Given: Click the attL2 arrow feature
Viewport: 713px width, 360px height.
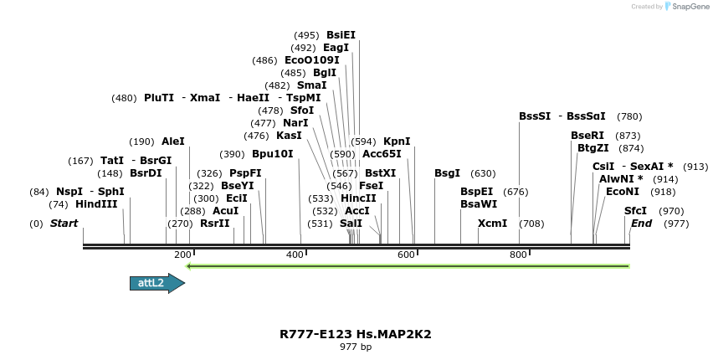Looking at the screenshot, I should pyautogui.click(x=156, y=283).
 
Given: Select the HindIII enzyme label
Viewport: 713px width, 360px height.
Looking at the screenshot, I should pyautogui.click(x=96, y=203).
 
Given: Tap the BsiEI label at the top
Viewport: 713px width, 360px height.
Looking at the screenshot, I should pyautogui.click(x=341, y=35).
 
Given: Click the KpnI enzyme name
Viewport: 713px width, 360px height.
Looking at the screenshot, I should pyautogui.click(x=397, y=141).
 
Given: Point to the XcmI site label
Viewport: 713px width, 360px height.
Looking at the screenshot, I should pyautogui.click(x=492, y=224).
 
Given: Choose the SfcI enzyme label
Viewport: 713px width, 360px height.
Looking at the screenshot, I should pyautogui.click(x=636, y=211).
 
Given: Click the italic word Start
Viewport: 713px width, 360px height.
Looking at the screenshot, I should pyautogui.click(x=64, y=224).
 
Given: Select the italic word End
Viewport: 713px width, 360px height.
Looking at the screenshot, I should pyautogui.click(x=641, y=224).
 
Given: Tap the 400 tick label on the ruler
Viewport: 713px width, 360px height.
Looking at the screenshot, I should pyautogui.click(x=295, y=255).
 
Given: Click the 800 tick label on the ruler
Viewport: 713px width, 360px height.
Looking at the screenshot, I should pyautogui.click(x=517, y=255).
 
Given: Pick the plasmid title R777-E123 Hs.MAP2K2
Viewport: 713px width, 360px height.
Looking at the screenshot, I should pyautogui.click(x=356, y=334).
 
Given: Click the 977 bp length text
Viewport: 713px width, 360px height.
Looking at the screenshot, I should pyautogui.click(x=356, y=347).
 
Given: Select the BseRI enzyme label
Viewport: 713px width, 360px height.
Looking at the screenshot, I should pyautogui.click(x=587, y=135).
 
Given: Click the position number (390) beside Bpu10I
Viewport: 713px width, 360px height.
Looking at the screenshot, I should pyautogui.click(x=232, y=154).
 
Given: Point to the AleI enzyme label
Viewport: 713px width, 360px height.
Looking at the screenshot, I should pyautogui.click(x=173, y=141).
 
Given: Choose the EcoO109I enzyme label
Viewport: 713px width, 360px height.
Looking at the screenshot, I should pyautogui.click(x=312, y=60).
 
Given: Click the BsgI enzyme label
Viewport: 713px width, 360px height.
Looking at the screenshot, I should pyautogui.click(x=447, y=173).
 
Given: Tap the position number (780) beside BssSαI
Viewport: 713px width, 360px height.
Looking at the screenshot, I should pyautogui.click(x=629, y=116).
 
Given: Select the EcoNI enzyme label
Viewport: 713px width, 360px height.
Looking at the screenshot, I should pyautogui.click(x=623, y=192).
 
